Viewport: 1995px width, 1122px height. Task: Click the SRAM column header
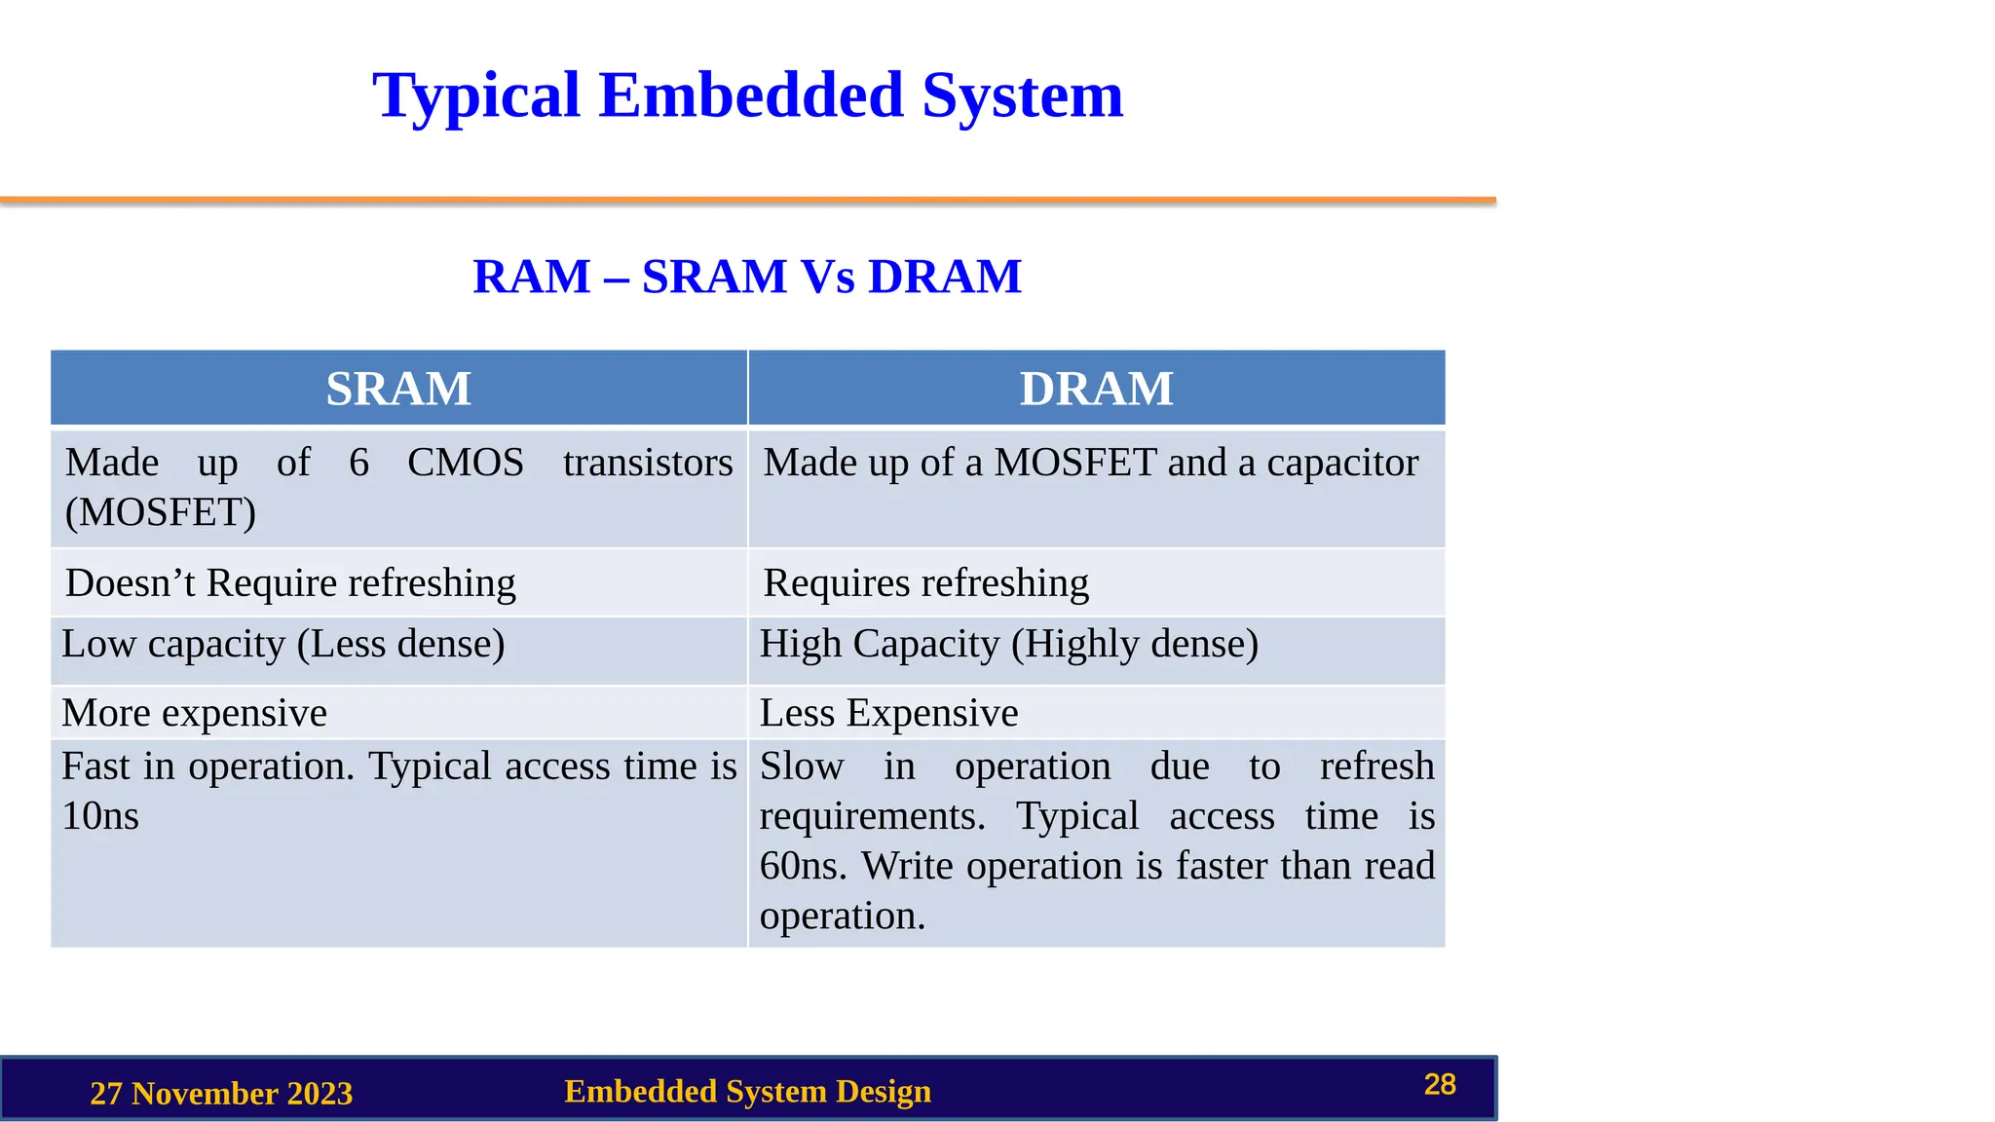(x=398, y=389)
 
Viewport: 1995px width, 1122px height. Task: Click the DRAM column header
(x=1096, y=389)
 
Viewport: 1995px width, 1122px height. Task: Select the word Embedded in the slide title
(x=751, y=95)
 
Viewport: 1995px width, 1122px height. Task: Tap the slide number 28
(x=1440, y=1084)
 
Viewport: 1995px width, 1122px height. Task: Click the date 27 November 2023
(x=221, y=1093)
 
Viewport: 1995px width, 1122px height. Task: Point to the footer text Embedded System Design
(x=747, y=1091)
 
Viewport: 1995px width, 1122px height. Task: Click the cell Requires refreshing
(x=925, y=582)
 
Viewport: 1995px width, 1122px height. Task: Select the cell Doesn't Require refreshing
(x=290, y=582)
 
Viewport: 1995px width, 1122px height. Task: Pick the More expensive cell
(x=194, y=713)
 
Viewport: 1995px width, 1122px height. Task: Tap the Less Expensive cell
(x=888, y=713)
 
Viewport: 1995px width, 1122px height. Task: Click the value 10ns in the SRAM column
(x=100, y=816)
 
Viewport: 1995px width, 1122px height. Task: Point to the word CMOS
(x=466, y=463)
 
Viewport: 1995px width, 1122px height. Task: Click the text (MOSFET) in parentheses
(x=161, y=512)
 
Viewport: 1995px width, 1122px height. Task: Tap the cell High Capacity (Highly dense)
(x=1008, y=644)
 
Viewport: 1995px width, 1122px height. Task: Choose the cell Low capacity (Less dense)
(x=282, y=644)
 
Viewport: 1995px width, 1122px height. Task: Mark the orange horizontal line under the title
(x=748, y=201)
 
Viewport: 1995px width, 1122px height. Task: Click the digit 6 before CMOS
(x=358, y=463)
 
